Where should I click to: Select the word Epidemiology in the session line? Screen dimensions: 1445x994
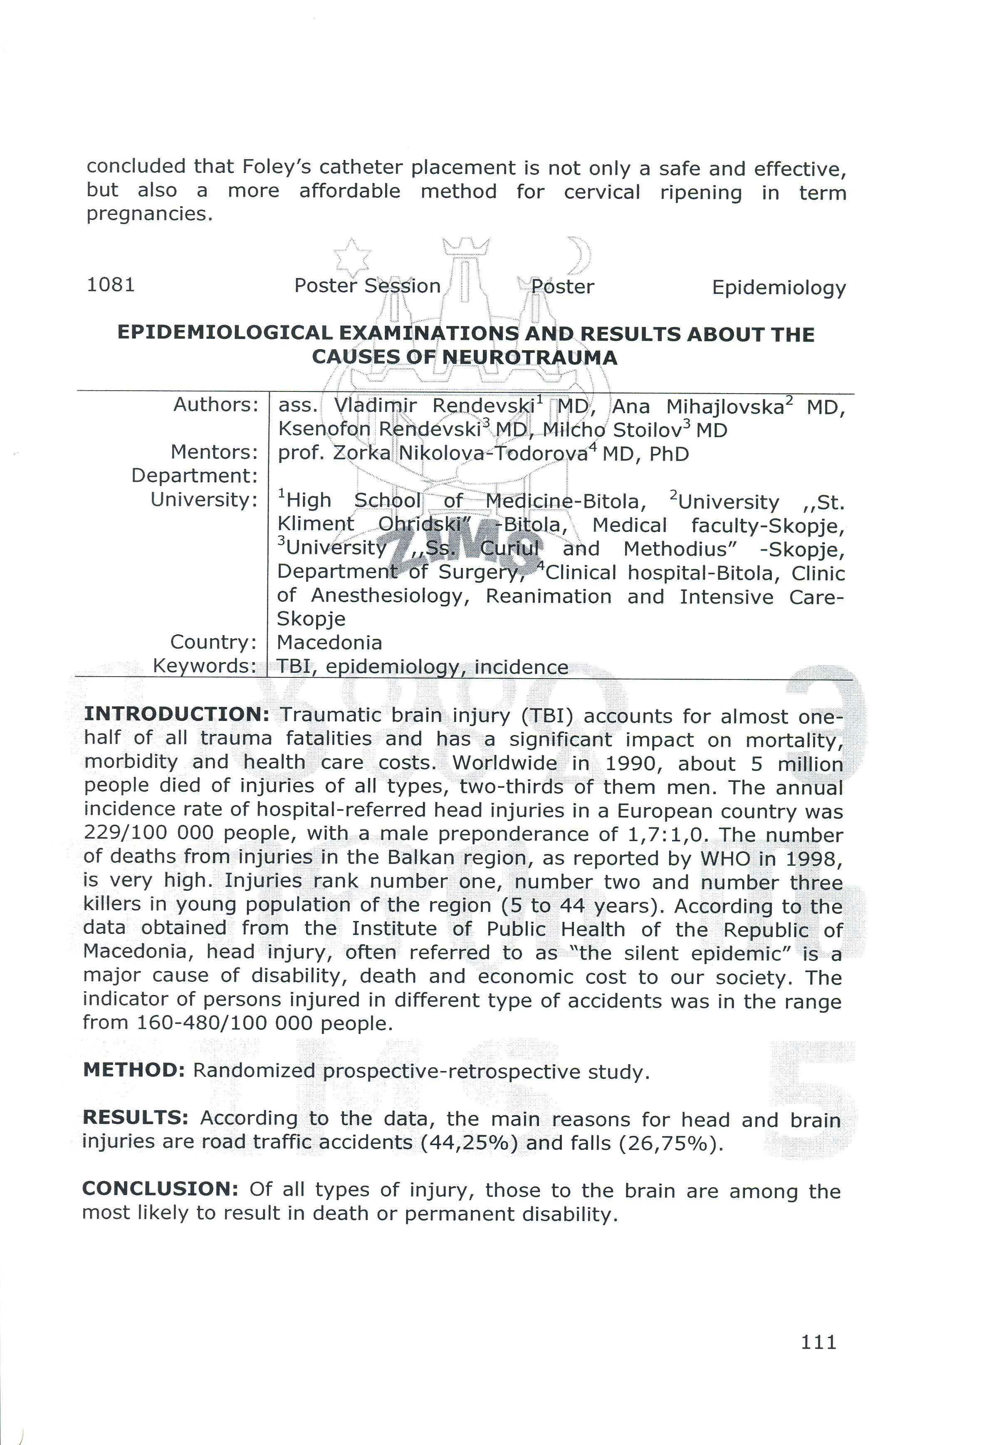pyautogui.click(x=779, y=288)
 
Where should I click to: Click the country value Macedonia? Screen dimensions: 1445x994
pyautogui.click(x=329, y=642)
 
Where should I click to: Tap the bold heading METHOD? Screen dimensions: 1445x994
pyautogui.click(x=134, y=1070)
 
